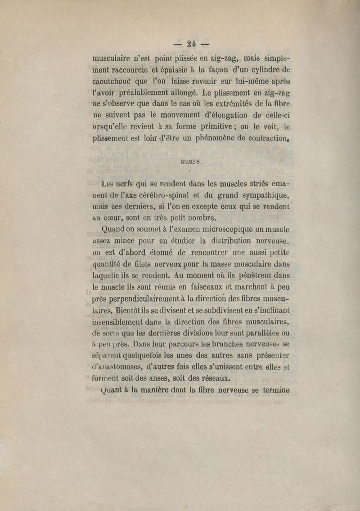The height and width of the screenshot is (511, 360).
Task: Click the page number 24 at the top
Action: (x=191, y=44)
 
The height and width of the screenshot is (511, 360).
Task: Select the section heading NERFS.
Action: (x=191, y=164)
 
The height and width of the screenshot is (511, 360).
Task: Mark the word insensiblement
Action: (x=117, y=322)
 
